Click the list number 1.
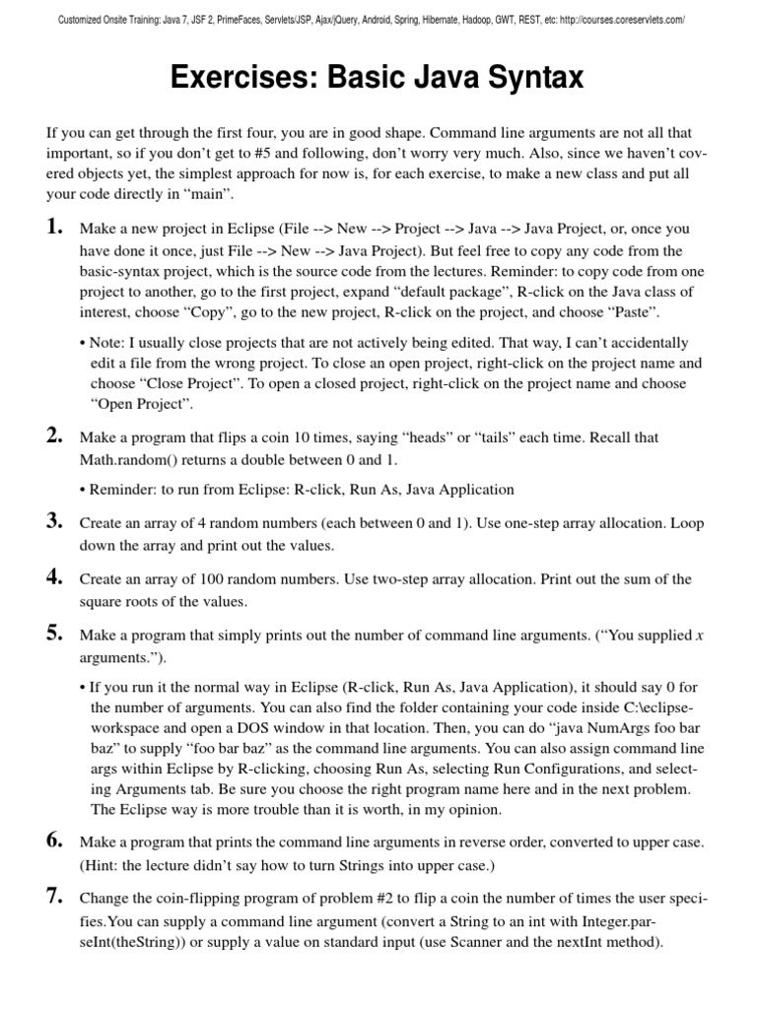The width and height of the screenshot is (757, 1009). (54, 227)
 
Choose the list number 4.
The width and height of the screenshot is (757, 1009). (54, 577)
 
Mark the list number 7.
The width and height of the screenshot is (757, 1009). (54, 896)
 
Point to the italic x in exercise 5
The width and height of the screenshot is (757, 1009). (699, 636)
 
